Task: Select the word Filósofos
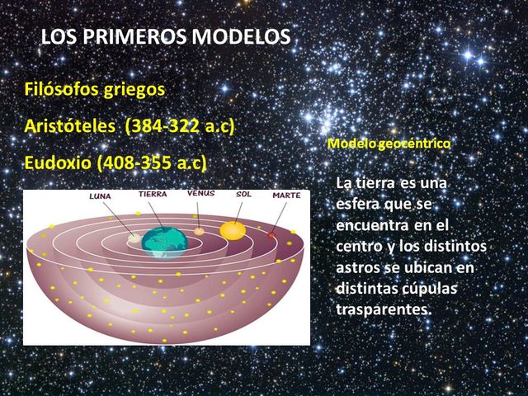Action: pyautogui.click(x=61, y=88)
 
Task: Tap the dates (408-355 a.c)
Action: pyautogui.click(x=151, y=162)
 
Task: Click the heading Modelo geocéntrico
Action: pyautogui.click(x=389, y=144)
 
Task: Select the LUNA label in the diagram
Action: pyautogui.click(x=101, y=196)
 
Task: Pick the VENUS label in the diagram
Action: pyautogui.click(x=200, y=193)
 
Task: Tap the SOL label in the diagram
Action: pyautogui.click(x=243, y=195)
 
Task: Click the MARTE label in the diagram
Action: pyautogui.click(x=286, y=196)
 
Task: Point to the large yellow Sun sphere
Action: pyautogui.click(x=233, y=230)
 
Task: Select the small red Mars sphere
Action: pyautogui.click(x=271, y=235)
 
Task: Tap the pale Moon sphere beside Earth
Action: pyautogui.click(x=134, y=238)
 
